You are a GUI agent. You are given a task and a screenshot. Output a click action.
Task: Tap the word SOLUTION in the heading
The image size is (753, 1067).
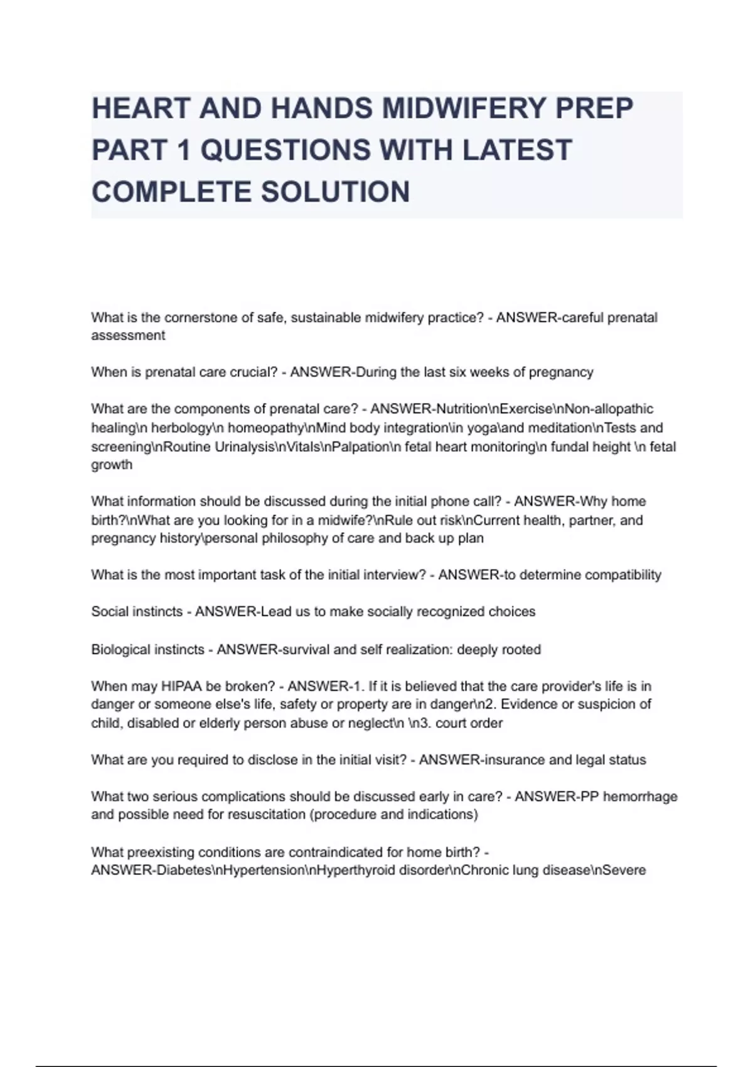point(336,192)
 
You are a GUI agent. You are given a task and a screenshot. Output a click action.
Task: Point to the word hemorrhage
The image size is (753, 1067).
point(643,796)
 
